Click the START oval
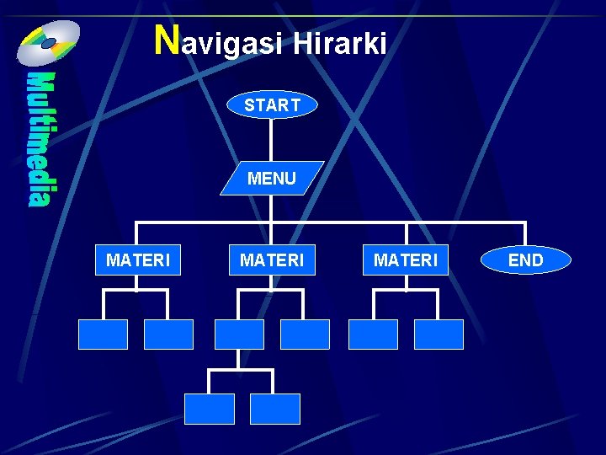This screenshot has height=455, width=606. click(x=272, y=105)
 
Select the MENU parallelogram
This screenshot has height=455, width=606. click(x=272, y=178)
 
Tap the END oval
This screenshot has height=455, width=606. click(x=526, y=260)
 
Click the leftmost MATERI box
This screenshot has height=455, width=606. click(x=137, y=260)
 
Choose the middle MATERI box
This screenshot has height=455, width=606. click(x=272, y=260)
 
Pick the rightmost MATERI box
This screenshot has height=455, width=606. click(x=406, y=260)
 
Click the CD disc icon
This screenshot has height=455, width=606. click(x=49, y=43)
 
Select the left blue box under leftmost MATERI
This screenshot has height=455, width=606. click(x=103, y=335)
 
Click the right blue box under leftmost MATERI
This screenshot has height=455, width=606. click(x=168, y=335)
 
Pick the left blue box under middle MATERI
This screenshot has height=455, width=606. click(x=239, y=335)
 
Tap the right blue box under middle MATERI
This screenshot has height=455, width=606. click(x=305, y=335)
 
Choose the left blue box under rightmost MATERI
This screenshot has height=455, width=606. click(x=373, y=335)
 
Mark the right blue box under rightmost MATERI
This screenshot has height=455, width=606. click(x=439, y=335)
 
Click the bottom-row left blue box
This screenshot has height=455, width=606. click(x=209, y=409)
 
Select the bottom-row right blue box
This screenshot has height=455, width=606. click(x=275, y=409)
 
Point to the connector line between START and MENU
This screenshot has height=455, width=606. click(x=272, y=139)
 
